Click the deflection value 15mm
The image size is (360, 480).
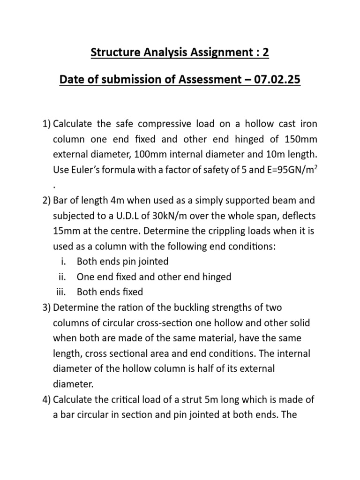66,231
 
